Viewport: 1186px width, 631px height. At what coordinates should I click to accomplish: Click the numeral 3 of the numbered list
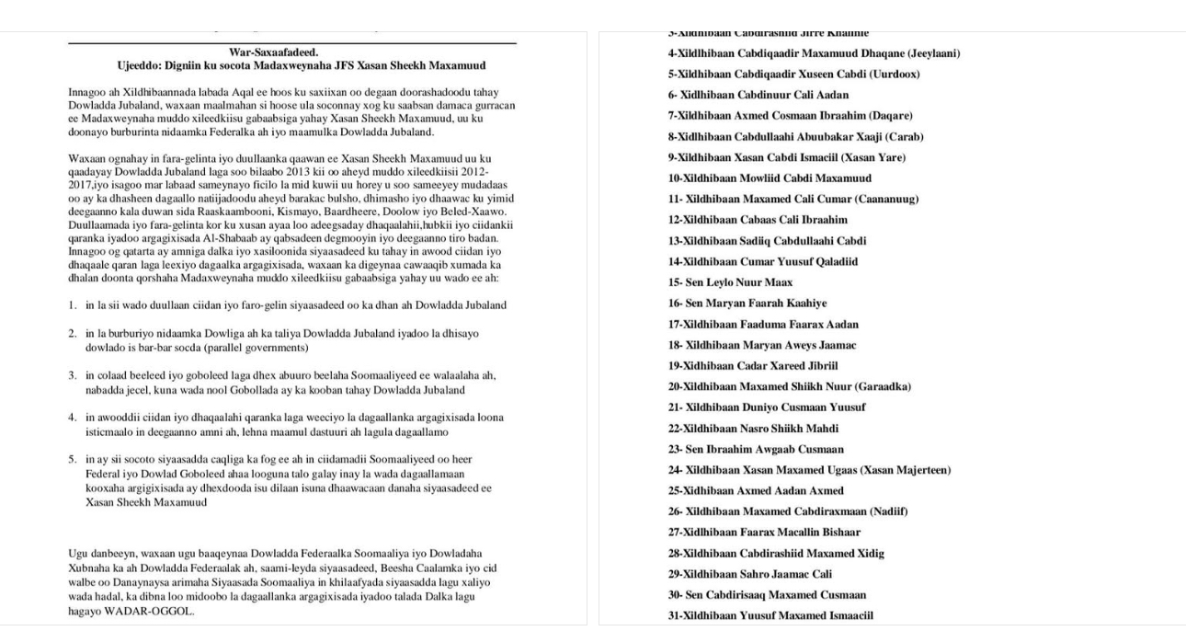[x=72, y=375]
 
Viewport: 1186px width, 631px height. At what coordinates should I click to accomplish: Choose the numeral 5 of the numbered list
[x=72, y=459]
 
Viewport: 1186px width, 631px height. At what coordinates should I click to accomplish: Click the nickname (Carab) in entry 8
[x=905, y=137]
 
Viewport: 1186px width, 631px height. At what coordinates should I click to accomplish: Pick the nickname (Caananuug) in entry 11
[x=886, y=199]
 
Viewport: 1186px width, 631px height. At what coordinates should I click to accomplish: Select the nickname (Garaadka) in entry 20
[x=882, y=386]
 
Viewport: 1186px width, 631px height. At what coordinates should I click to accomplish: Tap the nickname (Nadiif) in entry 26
[x=886, y=511]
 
